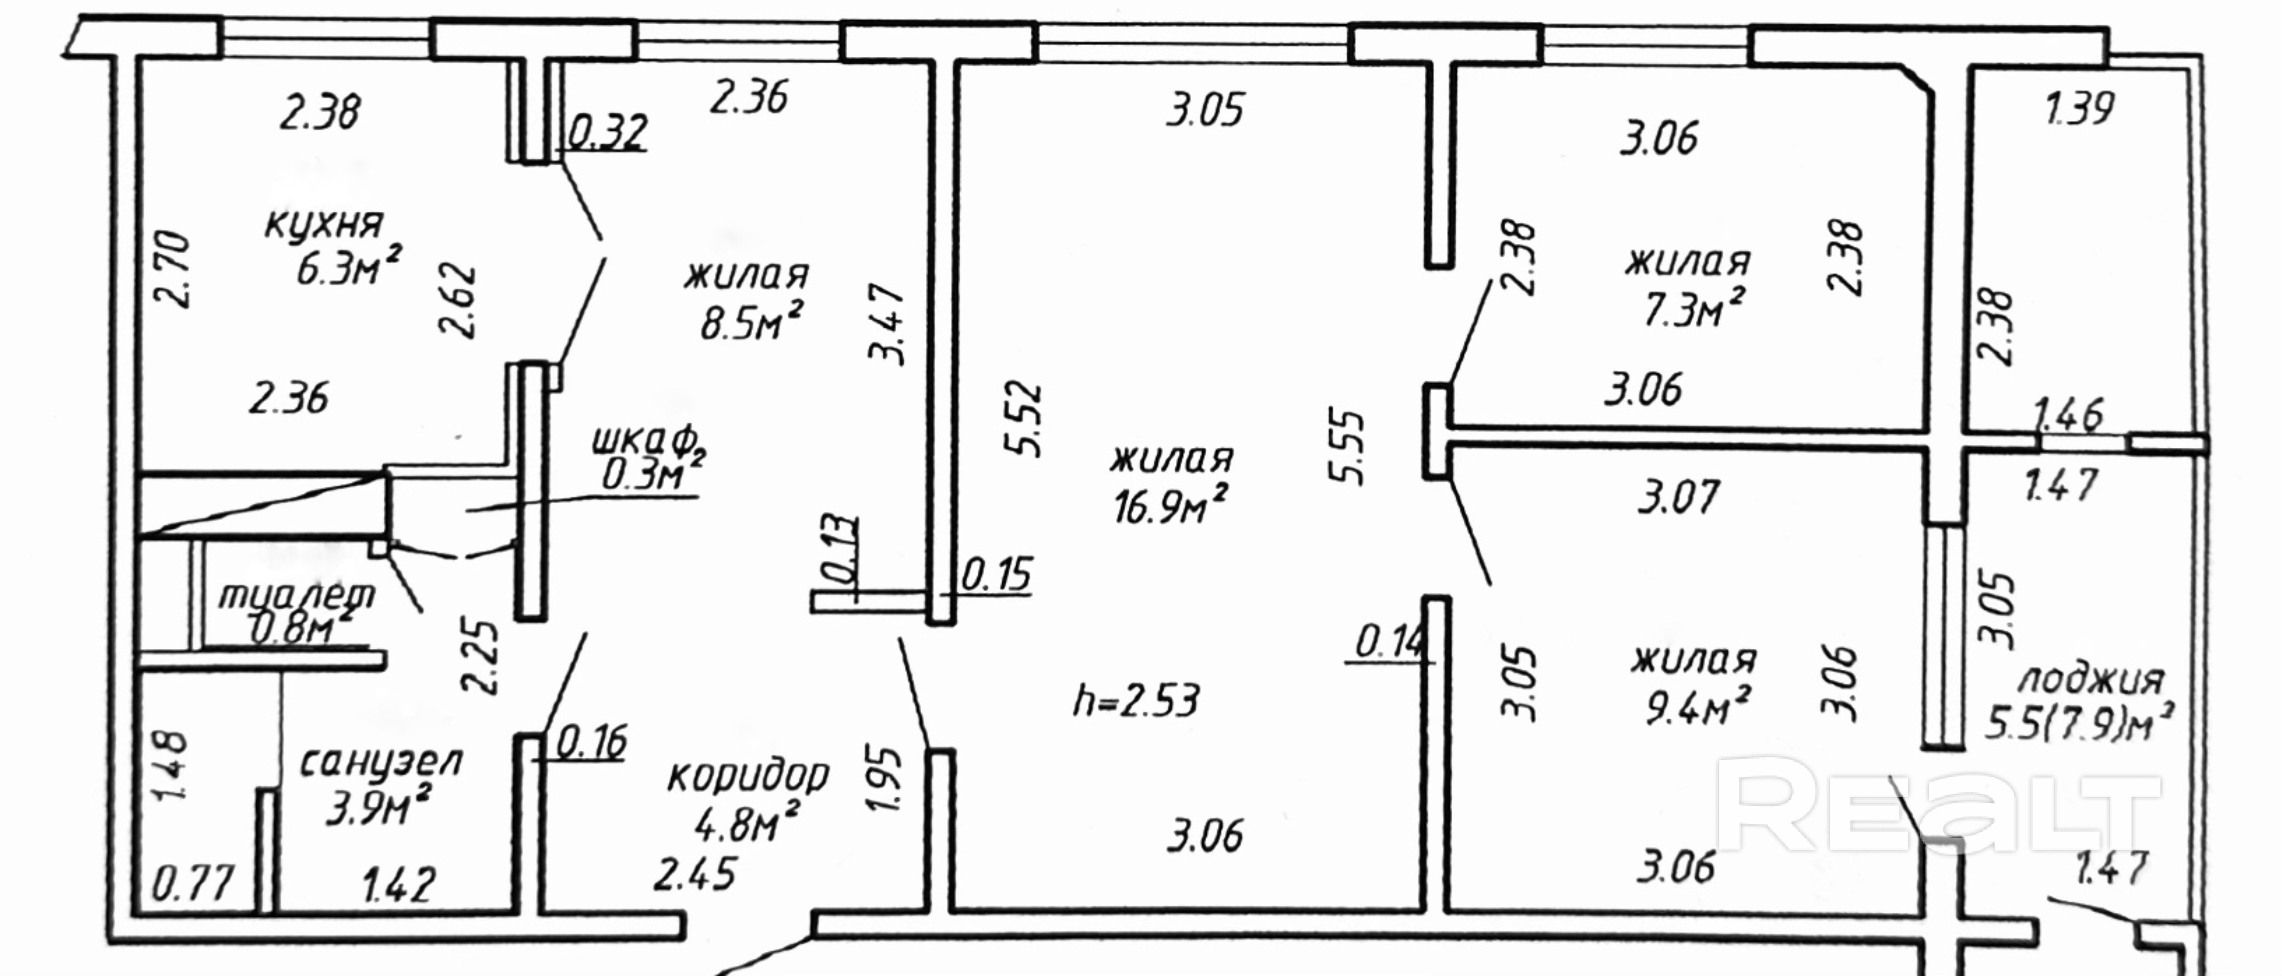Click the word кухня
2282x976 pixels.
324,226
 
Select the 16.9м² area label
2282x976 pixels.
1169,508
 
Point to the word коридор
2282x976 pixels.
747,777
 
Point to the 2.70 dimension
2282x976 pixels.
173,269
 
